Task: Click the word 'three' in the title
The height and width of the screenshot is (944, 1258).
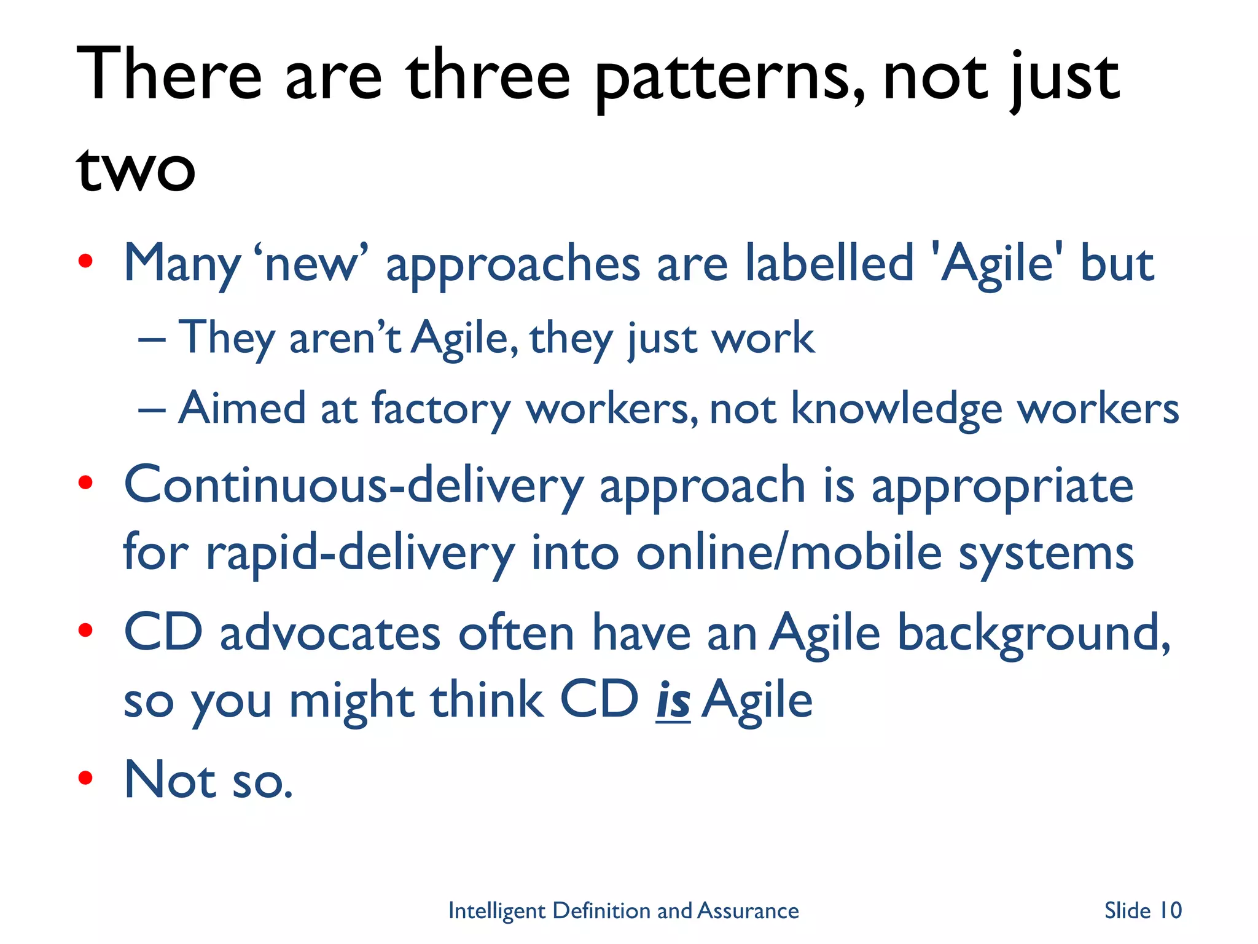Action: [488, 77]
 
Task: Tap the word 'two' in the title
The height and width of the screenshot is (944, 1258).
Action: [136, 169]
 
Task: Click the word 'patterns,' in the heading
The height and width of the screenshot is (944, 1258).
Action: [730, 80]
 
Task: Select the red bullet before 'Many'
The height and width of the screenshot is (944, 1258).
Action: [85, 262]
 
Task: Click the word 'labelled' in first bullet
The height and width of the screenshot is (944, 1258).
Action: [829, 263]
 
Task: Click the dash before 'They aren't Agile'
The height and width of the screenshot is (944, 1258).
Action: [152, 339]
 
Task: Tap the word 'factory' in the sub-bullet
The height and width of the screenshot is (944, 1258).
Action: [440, 409]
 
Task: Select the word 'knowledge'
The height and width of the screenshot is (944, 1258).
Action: [896, 409]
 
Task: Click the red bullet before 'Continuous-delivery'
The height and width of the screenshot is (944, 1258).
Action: [85, 483]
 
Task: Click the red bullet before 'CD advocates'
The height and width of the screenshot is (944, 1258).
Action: [85, 631]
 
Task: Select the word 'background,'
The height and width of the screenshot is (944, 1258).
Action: [1034, 634]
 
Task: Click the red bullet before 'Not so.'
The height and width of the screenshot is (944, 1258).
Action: [85, 778]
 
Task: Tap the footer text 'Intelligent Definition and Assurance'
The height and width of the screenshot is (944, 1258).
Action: [623, 910]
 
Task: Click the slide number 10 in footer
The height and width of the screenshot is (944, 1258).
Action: [1170, 910]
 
